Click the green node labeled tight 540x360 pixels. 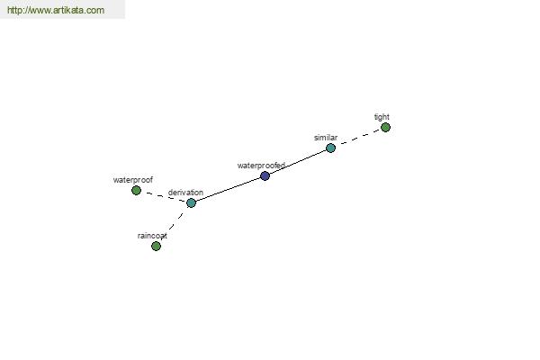385,128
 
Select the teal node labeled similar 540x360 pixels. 330,148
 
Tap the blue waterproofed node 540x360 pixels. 265,176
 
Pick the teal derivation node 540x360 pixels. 191,202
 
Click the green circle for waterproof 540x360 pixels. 137,190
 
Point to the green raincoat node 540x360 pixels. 156,246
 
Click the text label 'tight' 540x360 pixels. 382,117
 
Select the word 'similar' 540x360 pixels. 326,138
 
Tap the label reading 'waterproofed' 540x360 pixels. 261,166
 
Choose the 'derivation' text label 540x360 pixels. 185,193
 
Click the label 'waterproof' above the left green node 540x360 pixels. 133,180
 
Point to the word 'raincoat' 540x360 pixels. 152,236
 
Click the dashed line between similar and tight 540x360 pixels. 358,138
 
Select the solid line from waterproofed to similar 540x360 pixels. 298,162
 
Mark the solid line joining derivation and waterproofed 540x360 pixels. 228,190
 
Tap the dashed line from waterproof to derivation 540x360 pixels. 164,196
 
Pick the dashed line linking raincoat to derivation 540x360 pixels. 174,224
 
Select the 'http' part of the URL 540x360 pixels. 13,10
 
